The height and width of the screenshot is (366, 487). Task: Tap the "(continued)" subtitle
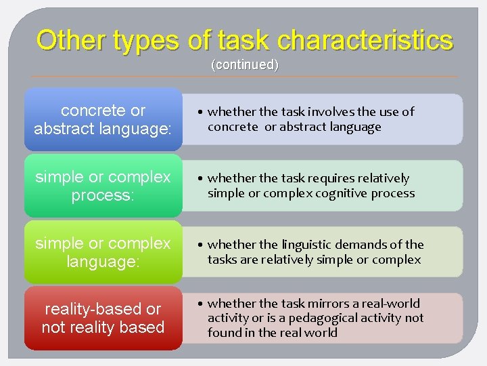[245, 65]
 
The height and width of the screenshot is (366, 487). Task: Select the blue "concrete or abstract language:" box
[103, 119]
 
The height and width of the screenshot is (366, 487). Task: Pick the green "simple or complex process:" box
[103, 186]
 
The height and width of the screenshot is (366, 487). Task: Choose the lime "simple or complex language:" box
[103, 251]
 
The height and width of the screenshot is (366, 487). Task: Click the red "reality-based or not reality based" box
[103, 318]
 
